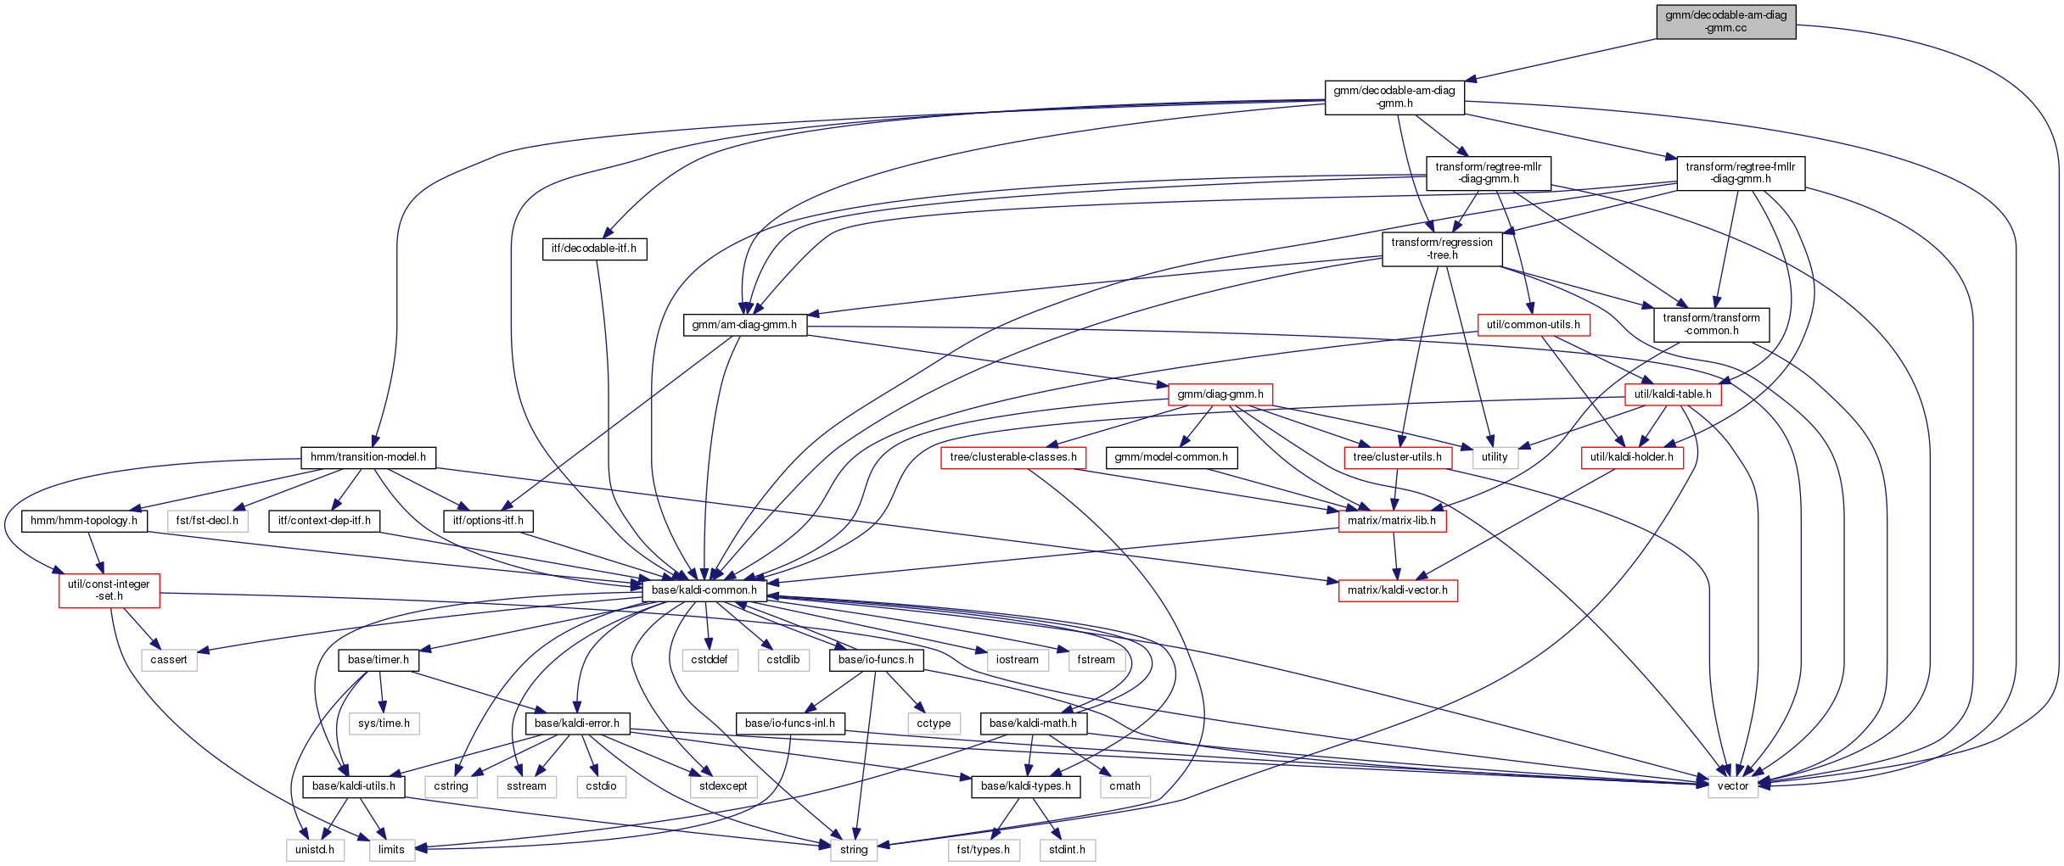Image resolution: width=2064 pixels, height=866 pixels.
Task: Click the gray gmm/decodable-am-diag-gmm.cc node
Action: pyautogui.click(x=1725, y=21)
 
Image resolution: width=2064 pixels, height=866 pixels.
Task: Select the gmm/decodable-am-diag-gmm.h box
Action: pyautogui.click(x=1394, y=97)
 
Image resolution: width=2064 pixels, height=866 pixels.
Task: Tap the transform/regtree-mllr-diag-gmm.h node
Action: pyautogui.click(x=1488, y=173)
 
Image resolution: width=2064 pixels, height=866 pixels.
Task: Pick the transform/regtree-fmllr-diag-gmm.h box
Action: pyautogui.click(x=1740, y=173)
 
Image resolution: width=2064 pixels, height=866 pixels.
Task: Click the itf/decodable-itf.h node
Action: pyautogui.click(x=594, y=249)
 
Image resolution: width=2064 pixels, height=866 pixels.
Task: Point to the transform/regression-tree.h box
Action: pyautogui.click(x=1442, y=249)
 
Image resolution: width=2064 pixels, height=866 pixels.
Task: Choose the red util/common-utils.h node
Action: pyautogui.click(x=1533, y=325)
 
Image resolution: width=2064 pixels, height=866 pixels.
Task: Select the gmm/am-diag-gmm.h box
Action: pyautogui.click(x=744, y=325)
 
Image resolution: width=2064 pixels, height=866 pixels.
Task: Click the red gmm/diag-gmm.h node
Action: pyautogui.click(x=1220, y=394)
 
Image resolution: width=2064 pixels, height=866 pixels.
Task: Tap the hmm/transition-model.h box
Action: pyautogui.click(x=368, y=457)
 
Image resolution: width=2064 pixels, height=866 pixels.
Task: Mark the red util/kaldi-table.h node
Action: pyautogui.click(x=1672, y=394)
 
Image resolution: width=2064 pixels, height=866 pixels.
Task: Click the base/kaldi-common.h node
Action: pyautogui.click(x=704, y=590)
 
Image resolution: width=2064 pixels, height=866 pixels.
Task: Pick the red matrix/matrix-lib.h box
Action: pyautogui.click(x=1392, y=521)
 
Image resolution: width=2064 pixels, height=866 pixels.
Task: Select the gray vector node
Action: pyautogui.click(x=1732, y=786)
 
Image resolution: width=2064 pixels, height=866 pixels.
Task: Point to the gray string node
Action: pyautogui.click(x=854, y=850)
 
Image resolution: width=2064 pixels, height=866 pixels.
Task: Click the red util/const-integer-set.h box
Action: pyautogui.click(x=109, y=590)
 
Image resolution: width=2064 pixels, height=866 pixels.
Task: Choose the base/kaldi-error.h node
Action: pyautogui.click(x=577, y=724)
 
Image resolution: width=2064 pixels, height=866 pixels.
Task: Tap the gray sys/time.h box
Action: pyautogui.click(x=384, y=724)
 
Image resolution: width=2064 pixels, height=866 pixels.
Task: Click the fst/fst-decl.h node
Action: pyautogui.click(x=207, y=521)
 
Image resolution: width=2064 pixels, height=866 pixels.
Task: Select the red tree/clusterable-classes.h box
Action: pyautogui.click(x=1012, y=457)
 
